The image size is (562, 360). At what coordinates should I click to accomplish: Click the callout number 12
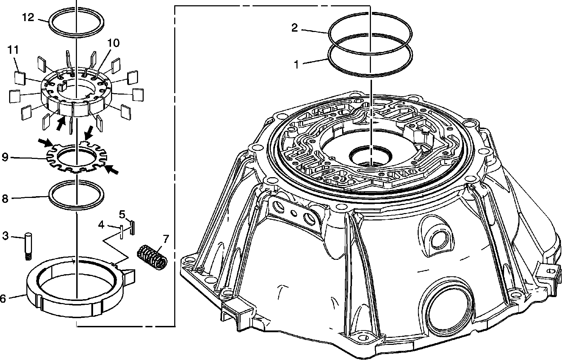[28, 17]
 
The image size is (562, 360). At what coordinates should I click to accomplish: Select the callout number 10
[113, 43]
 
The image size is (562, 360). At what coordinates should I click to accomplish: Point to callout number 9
[5, 157]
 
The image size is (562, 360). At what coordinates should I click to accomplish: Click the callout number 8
[5, 199]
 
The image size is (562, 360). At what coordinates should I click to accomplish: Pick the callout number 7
[165, 239]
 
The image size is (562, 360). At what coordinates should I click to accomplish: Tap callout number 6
[3, 299]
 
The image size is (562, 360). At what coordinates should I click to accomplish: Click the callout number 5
[122, 214]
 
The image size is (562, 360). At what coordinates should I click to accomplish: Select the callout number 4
[101, 224]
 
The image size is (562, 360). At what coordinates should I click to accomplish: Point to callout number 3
[5, 236]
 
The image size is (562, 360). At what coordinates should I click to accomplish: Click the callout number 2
[294, 27]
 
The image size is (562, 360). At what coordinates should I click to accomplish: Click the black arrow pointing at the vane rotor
[61, 123]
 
